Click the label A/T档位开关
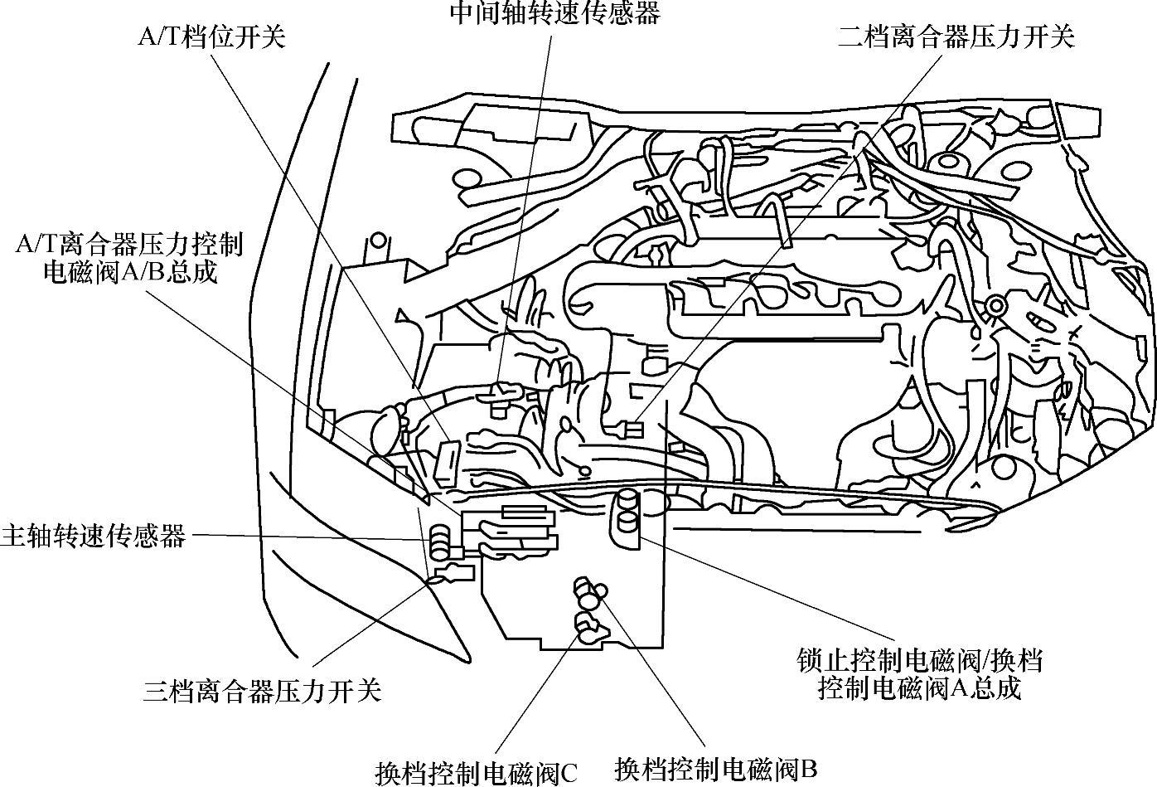pos(211,37)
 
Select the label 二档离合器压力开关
pos(956,36)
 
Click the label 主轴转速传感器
pos(93,536)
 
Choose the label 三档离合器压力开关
pos(262,690)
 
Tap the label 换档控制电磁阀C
pos(476,772)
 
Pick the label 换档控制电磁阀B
pos(716,768)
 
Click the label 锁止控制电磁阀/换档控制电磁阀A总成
pos(917,674)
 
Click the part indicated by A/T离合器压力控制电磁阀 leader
pos(401,478)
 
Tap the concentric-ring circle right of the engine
pos(995,308)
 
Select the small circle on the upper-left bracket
pos(378,240)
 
